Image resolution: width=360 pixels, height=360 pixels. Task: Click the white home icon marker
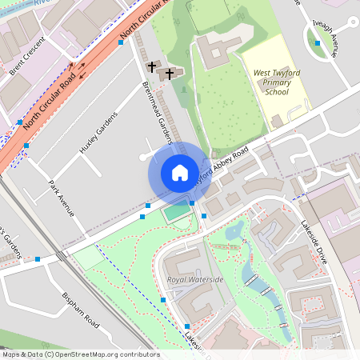pyautogui.click(x=180, y=173)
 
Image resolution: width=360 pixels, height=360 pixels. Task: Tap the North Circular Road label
pyautogui.click(x=54, y=100)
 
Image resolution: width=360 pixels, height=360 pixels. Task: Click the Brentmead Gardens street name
pyautogui.click(x=157, y=112)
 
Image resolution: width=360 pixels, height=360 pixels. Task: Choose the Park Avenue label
pyautogui.click(x=61, y=198)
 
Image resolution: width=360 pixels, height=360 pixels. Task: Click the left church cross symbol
pyautogui.click(x=152, y=66)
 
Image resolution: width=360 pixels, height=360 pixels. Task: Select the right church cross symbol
pyautogui.click(x=170, y=74)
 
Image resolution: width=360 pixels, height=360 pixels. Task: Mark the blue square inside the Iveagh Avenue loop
pyautogui.click(x=318, y=43)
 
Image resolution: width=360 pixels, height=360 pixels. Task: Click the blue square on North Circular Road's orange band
pyautogui.click(x=121, y=42)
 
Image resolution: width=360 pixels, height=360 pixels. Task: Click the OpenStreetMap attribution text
pyautogui.click(x=80, y=354)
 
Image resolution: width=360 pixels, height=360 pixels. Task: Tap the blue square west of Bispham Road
pyautogui.click(x=38, y=259)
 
